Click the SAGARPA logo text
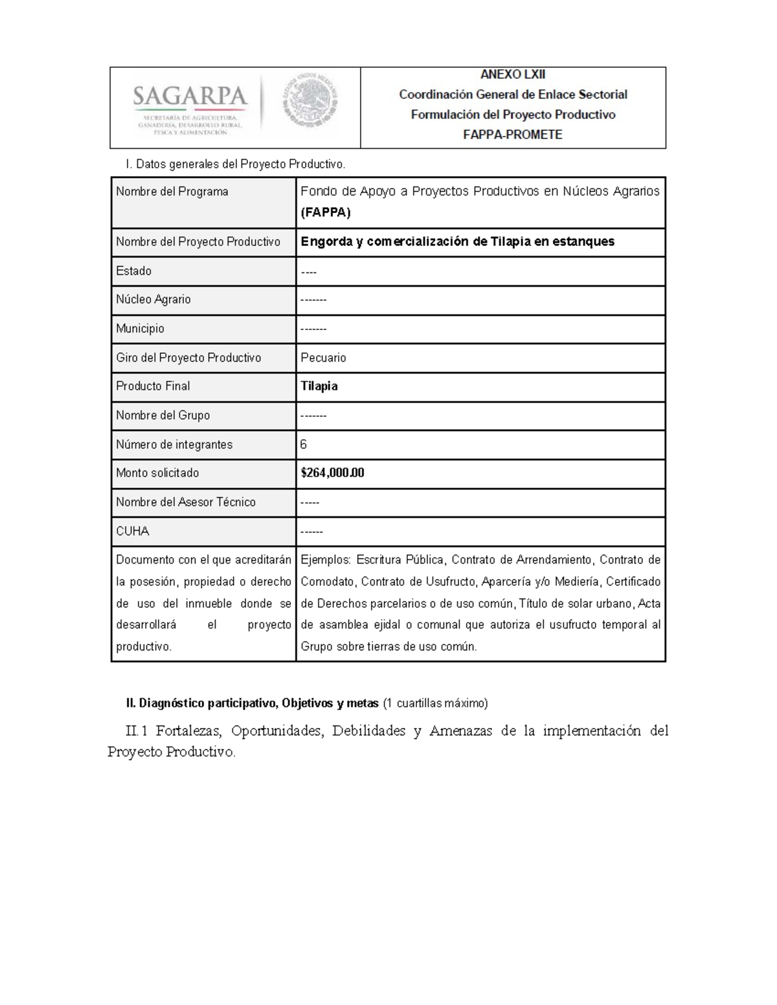(x=190, y=97)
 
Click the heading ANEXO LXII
(x=512, y=74)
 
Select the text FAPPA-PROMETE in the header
(x=512, y=135)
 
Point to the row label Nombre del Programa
(x=172, y=192)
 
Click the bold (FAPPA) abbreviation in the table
(x=326, y=212)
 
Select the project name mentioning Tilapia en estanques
(x=457, y=241)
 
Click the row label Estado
(x=133, y=271)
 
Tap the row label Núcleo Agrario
(x=153, y=299)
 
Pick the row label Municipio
(x=140, y=328)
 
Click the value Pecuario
(x=323, y=358)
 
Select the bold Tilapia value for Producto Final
(x=319, y=386)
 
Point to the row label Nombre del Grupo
(x=163, y=415)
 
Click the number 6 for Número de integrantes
(x=304, y=445)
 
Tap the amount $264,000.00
(x=332, y=473)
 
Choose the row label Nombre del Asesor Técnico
(x=185, y=502)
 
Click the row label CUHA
(x=132, y=531)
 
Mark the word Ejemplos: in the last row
(x=325, y=560)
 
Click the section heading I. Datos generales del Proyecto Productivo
(x=236, y=164)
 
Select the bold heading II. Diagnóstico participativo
(x=252, y=703)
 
